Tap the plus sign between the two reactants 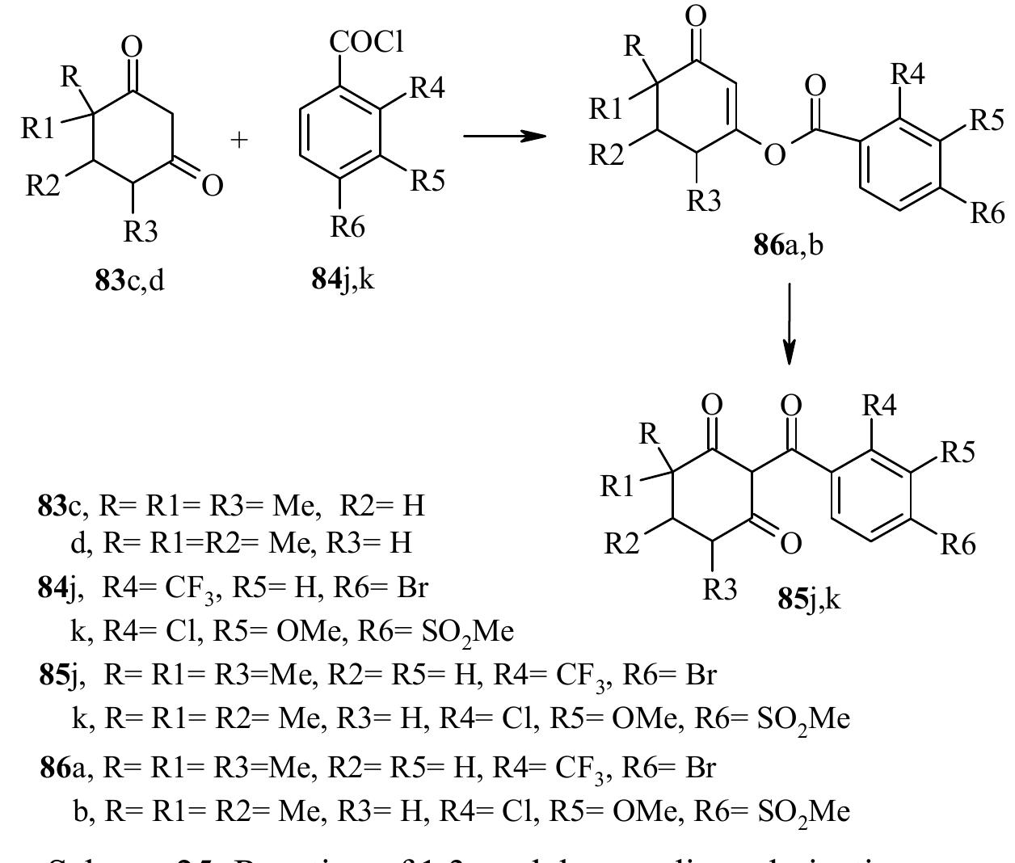[240, 139]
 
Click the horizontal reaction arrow [501, 135]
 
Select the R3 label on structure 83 [141, 233]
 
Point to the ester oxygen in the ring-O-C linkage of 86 [774, 154]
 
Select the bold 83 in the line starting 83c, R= [53, 507]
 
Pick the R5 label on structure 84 [428, 181]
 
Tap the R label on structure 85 [647, 435]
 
